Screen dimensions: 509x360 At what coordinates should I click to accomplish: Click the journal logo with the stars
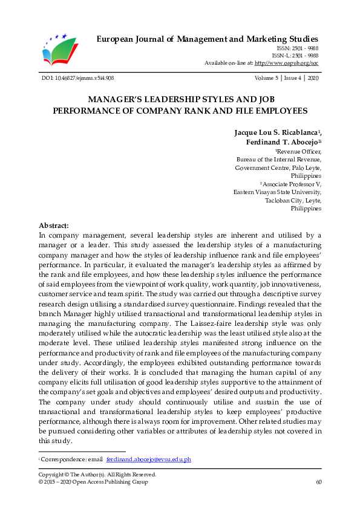pos(61,48)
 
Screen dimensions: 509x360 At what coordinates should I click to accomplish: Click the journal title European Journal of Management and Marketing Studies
pos(208,39)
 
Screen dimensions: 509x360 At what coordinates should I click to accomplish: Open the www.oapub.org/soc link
pos(289,62)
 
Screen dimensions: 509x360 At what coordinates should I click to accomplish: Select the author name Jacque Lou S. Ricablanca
pos(277,132)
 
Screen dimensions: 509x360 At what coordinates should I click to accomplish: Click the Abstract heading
pos(54,224)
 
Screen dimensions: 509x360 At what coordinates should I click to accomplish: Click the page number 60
pos(318,482)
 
